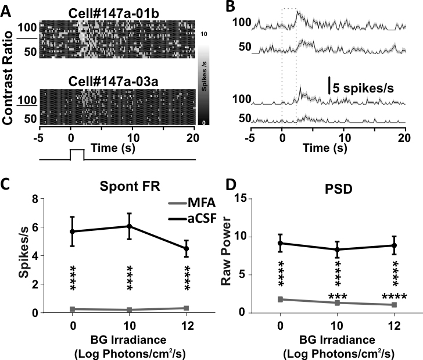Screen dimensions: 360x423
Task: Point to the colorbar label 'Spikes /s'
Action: coord(204,81)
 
